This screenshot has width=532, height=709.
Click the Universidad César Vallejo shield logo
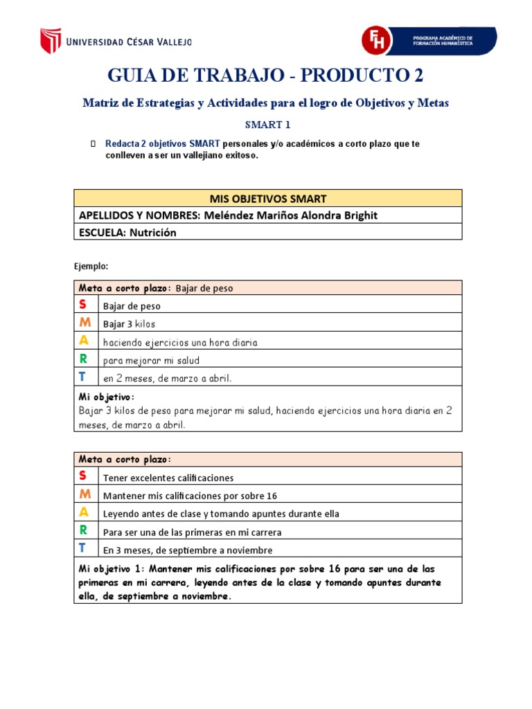tap(50, 41)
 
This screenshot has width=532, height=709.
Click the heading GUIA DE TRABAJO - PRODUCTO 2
tap(265, 75)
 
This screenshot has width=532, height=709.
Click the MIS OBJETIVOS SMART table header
tap(267, 198)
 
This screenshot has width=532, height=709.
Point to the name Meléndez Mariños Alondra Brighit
tap(290, 215)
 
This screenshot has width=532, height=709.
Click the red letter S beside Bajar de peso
tap(83, 305)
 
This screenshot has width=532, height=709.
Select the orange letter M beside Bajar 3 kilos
tap(84, 323)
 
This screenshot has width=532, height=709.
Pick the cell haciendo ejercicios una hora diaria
tap(180, 342)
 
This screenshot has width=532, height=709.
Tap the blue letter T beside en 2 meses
tap(82, 377)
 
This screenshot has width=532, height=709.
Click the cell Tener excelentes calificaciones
tap(168, 478)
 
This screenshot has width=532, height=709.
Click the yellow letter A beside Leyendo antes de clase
tap(83, 512)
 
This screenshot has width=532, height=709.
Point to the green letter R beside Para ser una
tap(83, 530)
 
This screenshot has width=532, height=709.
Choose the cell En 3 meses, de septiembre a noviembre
tap(188, 550)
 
